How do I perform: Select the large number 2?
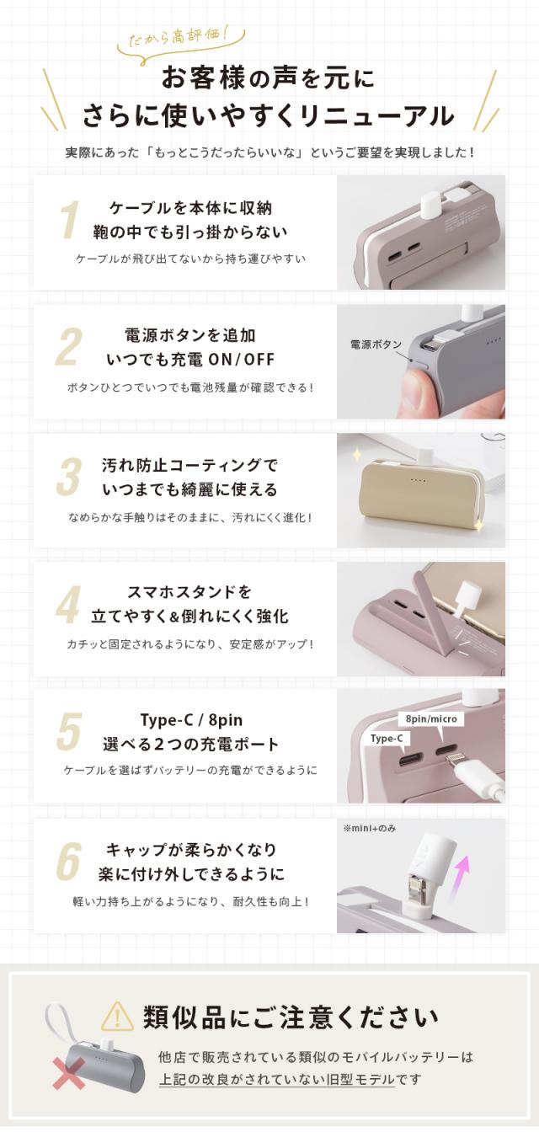(x=69, y=347)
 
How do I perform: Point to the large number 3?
(x=69, y=477)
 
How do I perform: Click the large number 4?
(x=69, y=606)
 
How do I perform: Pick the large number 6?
(x=69, y=862)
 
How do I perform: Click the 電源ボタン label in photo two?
(x=376, y=344)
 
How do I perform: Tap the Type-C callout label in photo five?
(x=387, y=739)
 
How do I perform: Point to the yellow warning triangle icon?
(x=117, y=1017)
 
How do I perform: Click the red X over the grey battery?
(x=69, y=1074)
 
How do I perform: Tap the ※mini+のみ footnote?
(x=369, y=828)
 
